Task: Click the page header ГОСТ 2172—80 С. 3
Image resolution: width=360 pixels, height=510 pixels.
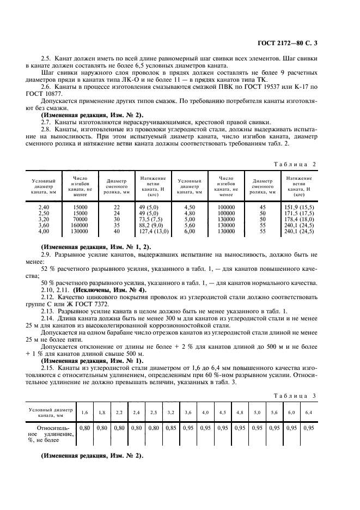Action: click(307, 42)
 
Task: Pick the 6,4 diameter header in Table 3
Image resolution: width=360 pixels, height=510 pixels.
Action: click(309, 412)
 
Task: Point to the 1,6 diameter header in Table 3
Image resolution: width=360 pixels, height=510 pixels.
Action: click(84, 412)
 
